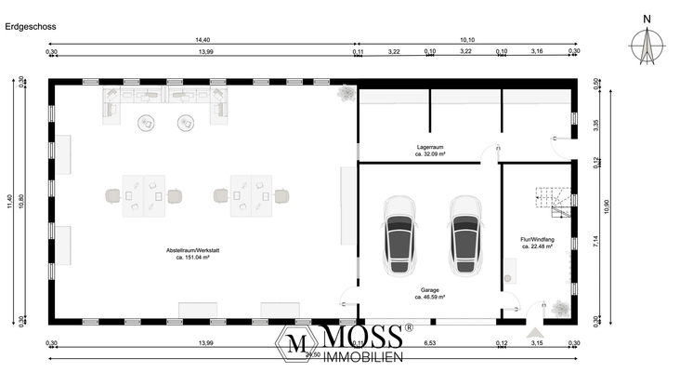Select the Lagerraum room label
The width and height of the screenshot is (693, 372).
(430, 148)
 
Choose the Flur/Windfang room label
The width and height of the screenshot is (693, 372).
(538, 239)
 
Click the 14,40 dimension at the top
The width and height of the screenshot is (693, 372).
(203, 40)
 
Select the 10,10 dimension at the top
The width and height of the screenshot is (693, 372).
(467, 40)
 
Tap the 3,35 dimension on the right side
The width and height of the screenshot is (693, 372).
(582, 121)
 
